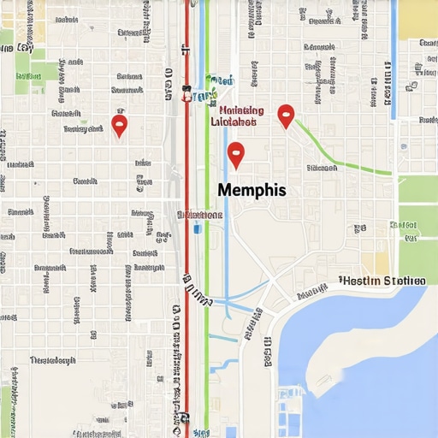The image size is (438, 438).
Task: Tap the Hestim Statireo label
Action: [382, 281]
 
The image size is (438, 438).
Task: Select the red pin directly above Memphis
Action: [236, 154]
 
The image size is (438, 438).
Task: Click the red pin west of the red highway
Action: [120, 126]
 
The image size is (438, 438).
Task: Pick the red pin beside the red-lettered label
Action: [286, 115]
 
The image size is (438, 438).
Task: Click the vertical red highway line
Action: [187, 257]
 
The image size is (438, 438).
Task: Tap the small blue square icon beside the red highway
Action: [198, 228]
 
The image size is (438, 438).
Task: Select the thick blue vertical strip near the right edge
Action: [393, 60]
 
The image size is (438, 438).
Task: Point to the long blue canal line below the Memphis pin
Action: [227, 257]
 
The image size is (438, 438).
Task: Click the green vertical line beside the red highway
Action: [206, 257]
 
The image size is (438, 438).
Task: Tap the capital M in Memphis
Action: [226, 190]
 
